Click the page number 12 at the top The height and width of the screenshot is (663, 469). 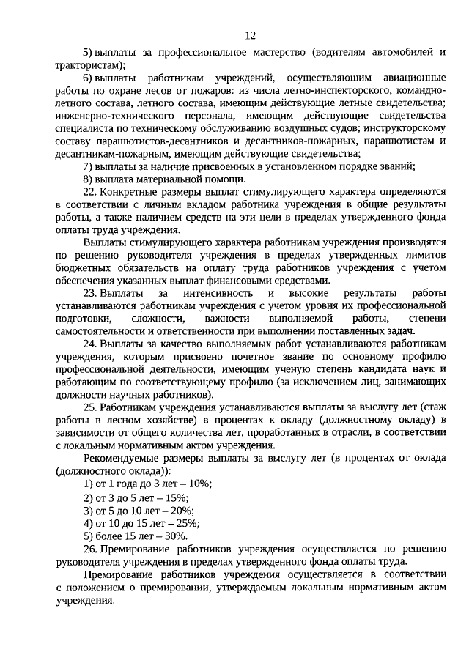coord(250,34)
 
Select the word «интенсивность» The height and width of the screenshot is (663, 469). coord(218,293)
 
